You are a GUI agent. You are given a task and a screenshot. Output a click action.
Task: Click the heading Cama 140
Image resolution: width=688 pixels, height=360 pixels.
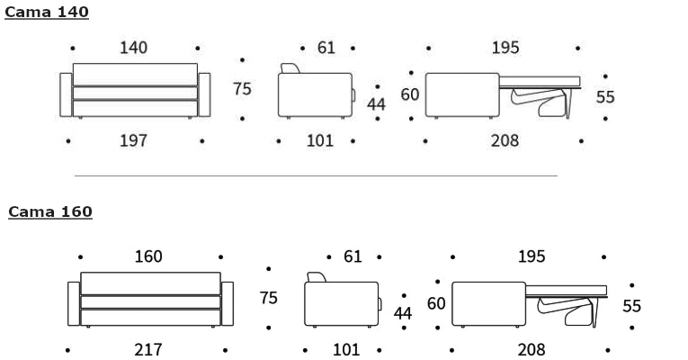click(47, 12)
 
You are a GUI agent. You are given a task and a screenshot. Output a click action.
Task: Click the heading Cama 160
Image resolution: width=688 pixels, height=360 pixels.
click(50, 211)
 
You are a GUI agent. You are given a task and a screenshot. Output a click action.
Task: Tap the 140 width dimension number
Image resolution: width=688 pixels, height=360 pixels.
click(133, 48)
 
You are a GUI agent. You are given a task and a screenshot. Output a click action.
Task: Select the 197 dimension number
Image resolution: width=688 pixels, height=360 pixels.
click(133, 140)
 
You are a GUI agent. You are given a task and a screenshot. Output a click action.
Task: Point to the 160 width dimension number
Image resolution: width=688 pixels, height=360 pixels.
click(148, 256)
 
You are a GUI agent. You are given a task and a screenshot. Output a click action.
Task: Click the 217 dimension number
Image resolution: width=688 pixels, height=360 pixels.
click(148, 349)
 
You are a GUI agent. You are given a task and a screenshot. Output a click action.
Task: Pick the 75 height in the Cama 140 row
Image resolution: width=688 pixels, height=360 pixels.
click(242, 89)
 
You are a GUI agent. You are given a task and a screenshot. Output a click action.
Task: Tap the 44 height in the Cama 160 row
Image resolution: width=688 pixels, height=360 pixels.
click(403, 313)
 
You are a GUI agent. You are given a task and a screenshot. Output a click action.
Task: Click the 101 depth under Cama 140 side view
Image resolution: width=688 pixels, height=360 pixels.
click(320, 140)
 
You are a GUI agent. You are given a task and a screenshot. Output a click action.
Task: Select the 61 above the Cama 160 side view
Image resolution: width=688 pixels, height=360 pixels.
click(353, 256)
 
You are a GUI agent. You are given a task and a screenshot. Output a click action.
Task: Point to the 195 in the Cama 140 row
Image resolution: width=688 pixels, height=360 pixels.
click(505, 48)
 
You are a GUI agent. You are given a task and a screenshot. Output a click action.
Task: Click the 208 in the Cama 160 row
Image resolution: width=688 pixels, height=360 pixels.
click(532, 349)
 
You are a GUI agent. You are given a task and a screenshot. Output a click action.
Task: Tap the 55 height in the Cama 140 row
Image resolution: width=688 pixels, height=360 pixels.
click(605, 97)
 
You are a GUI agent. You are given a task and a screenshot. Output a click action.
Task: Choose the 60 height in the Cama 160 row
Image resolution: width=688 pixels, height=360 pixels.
click(436, 303)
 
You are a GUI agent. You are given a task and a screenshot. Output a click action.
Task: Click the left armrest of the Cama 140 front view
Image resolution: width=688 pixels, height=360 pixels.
click(66, 94)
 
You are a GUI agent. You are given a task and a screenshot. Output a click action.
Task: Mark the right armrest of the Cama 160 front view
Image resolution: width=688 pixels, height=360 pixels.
click(228, 304)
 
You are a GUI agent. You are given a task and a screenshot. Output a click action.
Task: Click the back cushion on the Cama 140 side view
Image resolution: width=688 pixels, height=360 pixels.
click(290, 68)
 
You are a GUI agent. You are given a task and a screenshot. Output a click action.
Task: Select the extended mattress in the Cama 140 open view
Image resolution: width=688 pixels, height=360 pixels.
click(540, 82)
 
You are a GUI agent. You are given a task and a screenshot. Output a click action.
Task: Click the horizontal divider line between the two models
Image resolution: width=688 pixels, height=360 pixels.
click(316, 176)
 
